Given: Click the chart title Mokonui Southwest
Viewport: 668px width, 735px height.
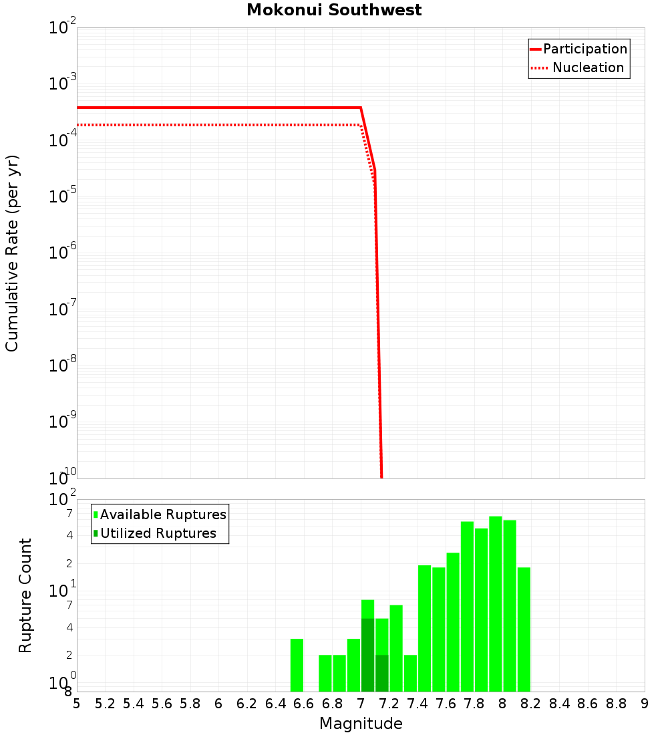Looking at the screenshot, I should pyautogui.click(x=334, y=10).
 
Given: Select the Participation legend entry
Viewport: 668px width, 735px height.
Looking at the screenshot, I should pyautogui.click(x=584, y=49).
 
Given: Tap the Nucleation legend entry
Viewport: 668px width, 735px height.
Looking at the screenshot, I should pyautogui.click(x=587, y=67).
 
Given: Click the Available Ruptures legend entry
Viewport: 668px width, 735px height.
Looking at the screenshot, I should pyautogui.click(x=163, y=514).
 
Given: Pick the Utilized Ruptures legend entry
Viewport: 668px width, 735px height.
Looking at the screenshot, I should pyautogui.click(x=158, y=533).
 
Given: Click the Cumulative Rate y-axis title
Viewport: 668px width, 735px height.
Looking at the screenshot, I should pyautogui.click(x=12, y=253).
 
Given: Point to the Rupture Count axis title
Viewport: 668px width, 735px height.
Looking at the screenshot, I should pyautogui.click(x=25, y=595).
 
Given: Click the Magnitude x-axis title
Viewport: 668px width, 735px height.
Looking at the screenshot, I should pyautogui.click(x=361, y=724).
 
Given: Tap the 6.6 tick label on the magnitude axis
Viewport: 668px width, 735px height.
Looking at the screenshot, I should pyautogui.click(x=304, y=704).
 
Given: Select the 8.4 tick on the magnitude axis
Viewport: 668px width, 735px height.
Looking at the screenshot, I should pyautogui.click(x=560, y=704).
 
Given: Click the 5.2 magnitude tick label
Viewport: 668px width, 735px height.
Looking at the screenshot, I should pyautogui.click(x=105, y=704).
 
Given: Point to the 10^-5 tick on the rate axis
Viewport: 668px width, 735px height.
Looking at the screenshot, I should pyautogui.click(x=62, y=195).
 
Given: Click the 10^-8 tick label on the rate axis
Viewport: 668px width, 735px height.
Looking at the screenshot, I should pyautogui.click(x=62, y=365).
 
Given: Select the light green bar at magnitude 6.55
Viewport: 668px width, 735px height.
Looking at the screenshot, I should pyautogui.click(x=297, y=665).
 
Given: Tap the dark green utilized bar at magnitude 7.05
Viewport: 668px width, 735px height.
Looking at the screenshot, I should pyautogui.click(x=367, y=655).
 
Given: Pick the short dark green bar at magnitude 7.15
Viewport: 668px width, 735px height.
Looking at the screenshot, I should pyautogui.click(x=381, y=673).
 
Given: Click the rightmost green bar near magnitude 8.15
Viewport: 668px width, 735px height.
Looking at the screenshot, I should pyautogui.click(x=524, y=629).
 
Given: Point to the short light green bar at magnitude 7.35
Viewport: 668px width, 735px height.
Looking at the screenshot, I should pyautogui.click(x=410, y=673).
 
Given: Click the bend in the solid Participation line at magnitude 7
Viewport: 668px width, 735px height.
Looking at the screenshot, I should pyautogui.click(x=361, y=107).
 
